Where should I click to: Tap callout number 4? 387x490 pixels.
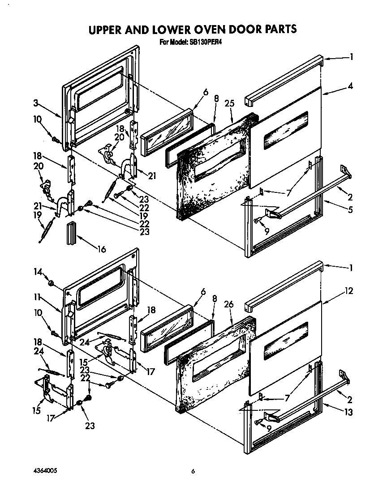(350, 86)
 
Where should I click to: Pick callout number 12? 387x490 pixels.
(349, 291)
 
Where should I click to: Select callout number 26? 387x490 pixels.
(229, 304)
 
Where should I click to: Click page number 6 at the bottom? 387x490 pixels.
(193, 471)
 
